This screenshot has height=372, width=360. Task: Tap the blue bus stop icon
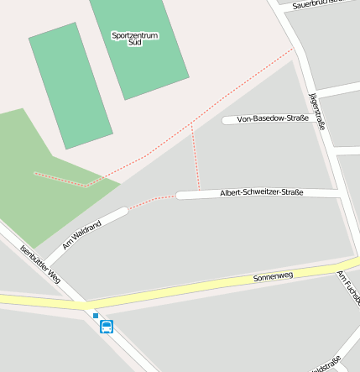point(107,327)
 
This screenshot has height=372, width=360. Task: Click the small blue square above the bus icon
point(96,316)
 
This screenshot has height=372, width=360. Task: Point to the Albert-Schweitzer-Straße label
point(261,193)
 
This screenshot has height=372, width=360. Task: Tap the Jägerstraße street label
point(317,112)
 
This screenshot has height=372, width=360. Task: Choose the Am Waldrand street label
point(81,235)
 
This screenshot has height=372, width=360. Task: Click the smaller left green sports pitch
point(70,86)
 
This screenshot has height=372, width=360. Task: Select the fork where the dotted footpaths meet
point(192,126)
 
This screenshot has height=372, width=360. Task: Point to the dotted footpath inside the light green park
point(59,179)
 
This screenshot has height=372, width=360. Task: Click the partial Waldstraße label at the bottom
point(326,365)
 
